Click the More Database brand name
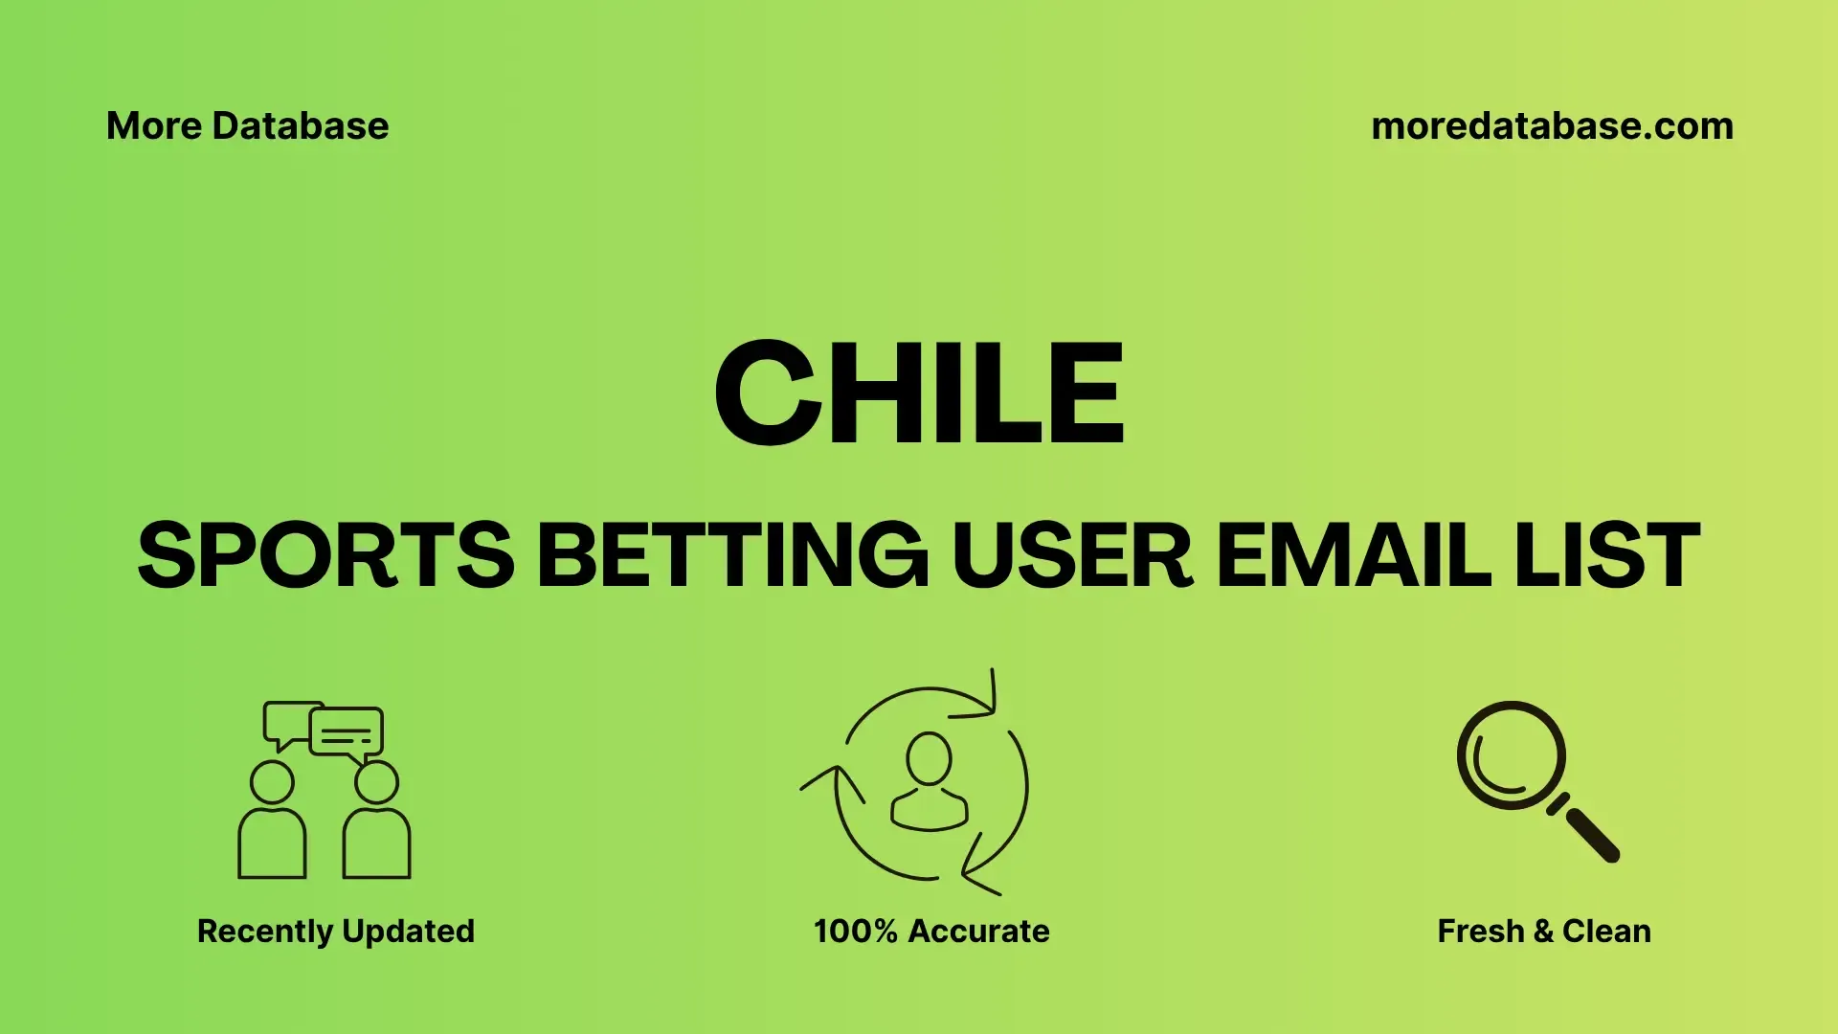247,126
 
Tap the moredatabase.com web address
1552,126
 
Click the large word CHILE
919,393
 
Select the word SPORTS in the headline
325,554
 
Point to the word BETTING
733,554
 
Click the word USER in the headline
1072,554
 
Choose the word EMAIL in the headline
1354,554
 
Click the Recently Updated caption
336,932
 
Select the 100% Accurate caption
931,932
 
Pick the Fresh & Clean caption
1544,932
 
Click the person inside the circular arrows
929,781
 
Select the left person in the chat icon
272,820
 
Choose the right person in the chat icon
376,820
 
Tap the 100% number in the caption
856,932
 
